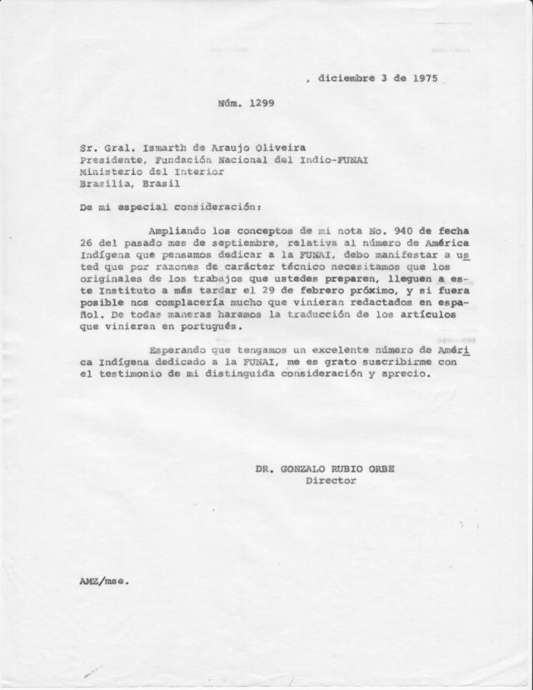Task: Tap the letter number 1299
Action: pyautogui.click(x=261, y=104)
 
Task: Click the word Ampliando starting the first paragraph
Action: pyautogui.click(x=177, y=228)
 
